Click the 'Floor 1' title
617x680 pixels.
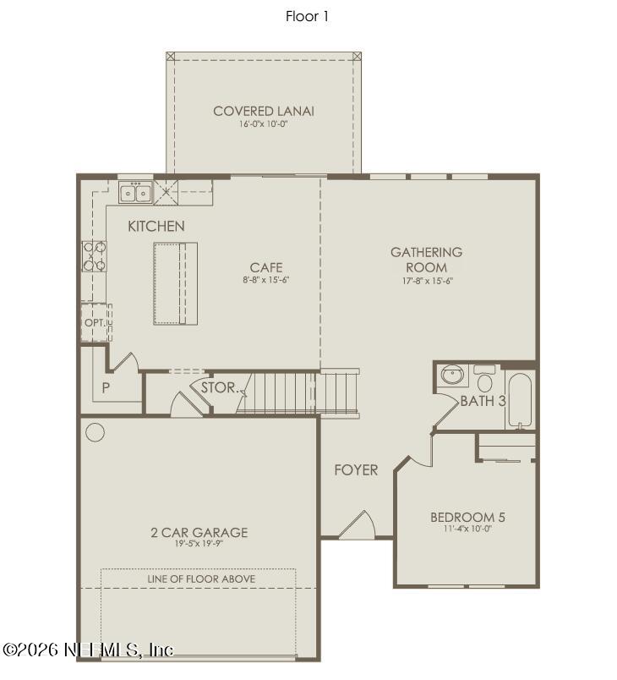[308, 16]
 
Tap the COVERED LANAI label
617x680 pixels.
[263, 111]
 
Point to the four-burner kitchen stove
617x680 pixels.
[94, 255]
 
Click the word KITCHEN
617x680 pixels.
[156, 226]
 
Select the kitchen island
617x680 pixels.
[175, 283]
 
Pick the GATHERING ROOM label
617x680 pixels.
[426, 260]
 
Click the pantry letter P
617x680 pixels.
[106, 387]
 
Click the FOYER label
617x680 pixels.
[356, 470]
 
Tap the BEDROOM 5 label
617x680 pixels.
[467, 518]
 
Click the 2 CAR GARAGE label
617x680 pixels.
[199, 532]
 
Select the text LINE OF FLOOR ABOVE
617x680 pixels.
[201, 579]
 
